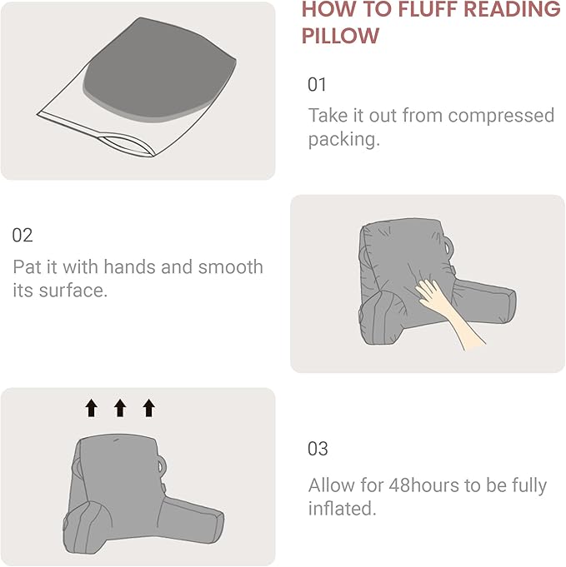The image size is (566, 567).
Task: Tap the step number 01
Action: [318, 85]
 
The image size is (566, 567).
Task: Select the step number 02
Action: [23, 236]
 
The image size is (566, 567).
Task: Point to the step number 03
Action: [318, 449]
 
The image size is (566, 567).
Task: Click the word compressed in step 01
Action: [499, 115]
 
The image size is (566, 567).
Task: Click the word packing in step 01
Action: [342, 139]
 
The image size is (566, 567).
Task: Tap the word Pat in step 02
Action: [28, 267]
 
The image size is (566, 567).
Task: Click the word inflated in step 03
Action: [340, 509]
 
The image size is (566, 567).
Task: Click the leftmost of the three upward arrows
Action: [92, 407]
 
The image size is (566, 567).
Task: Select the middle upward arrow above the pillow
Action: [120, 407]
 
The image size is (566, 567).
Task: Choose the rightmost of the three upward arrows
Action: [148, 407]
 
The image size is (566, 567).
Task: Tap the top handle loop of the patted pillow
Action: [453, 247]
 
